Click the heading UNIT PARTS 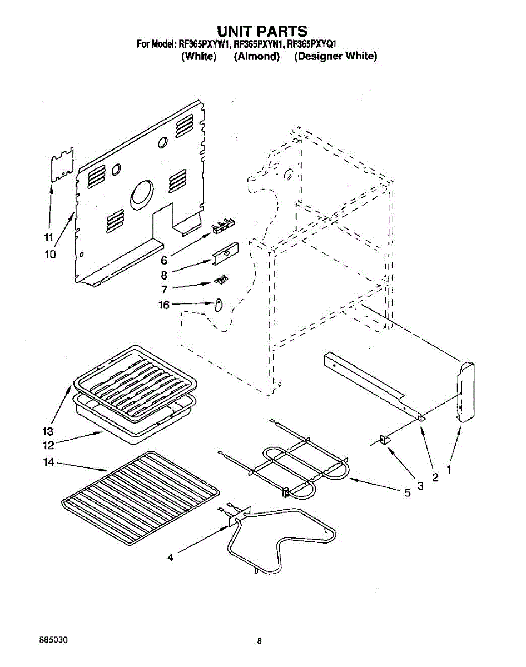pyautogui.click(x=262, y=30)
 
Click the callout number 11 pyautogui.click(x=48, y=237)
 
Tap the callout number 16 pyautogui.click(x=164, y=305)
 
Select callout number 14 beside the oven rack pyautogui.click(x=48, y=462)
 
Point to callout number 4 pyautogui.click(x=171, y=558)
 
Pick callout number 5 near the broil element pyautogui.click(x=408, y=492)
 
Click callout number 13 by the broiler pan pyautogui.click(x=48, y=431)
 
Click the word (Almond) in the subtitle pyautogui.click(x=256, y=57)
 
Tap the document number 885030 pyautogui.click(x=54, y=640)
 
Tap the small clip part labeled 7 pyautogui.click(x=222, y=279)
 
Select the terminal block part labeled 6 pyautogui.click(x=223, y=225)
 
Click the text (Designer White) pyautogui.click(x=335, y=57)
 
